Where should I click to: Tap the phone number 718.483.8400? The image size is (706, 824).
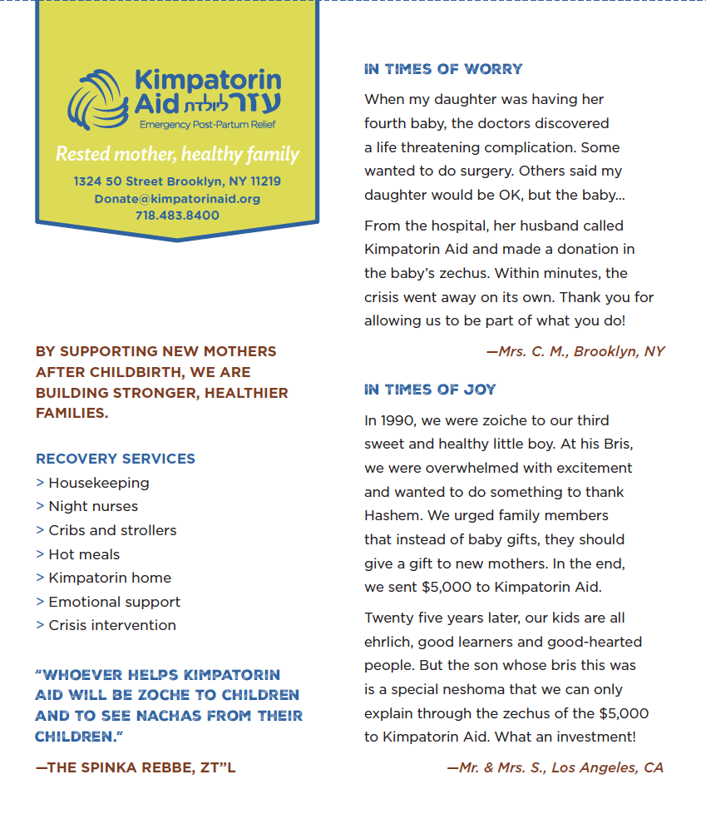[x=177, y=216]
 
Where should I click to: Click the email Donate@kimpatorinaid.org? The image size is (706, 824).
[x=177, y=199]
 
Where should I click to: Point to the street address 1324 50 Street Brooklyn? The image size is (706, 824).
[x=177, y=181]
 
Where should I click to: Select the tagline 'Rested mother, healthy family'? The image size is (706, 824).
[x=177, y=155]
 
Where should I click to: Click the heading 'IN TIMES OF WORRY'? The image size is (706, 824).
[x=443, y=69]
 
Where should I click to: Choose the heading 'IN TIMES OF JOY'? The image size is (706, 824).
[x=430, y=390]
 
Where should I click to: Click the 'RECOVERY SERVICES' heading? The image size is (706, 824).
[x=116, y=459]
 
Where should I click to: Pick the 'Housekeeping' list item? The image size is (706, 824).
[x=98, y=483]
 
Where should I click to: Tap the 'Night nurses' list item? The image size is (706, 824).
[x=93, y=506]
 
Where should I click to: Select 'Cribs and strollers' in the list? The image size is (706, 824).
[x=112, y=530]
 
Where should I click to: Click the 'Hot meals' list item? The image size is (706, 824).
[x=84, y=554]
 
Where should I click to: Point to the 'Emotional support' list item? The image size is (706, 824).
[x=114, y=602]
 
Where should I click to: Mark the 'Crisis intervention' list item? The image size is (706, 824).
[x=112, y=625]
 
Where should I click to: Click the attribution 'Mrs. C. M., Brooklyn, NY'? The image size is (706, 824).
[x=575, y=351]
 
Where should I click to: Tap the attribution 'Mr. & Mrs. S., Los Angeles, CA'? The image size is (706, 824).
[x=555, y=767]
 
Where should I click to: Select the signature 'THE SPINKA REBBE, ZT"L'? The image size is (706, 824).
[x=136, y=767]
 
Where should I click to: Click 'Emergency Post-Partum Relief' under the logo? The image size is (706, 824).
[x=207, y=125]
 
